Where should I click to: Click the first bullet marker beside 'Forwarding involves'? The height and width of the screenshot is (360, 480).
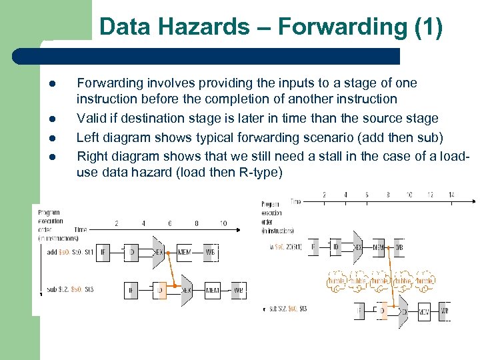(x=50, y=84)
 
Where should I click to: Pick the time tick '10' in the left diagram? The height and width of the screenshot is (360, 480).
(x=222, y=223)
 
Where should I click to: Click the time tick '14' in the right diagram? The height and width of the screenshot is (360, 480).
(x=451, y=195)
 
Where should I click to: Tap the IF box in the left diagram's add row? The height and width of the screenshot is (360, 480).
(x=104, y=252)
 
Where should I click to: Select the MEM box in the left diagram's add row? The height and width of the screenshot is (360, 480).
(x=184, y=252)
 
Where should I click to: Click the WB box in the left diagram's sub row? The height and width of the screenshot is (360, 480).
(x=238, y=291)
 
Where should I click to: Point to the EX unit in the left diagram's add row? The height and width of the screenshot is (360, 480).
(x=159, y=252)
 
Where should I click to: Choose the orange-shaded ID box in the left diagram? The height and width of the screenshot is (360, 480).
(x=159, y=291)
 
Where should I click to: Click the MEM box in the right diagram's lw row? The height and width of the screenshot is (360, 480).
(x=378, y=247)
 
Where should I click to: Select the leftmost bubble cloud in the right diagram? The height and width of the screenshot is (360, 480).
(x=337, y=281)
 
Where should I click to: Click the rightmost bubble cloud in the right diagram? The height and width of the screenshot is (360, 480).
(x=424, y=281)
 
